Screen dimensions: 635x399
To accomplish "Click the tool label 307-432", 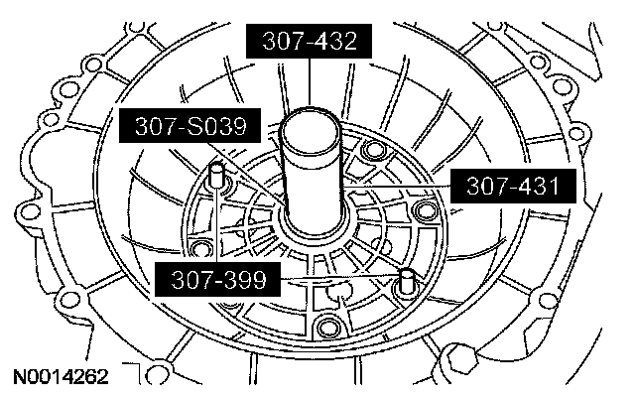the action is (x=309, y=41).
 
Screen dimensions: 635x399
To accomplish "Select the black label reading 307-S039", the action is (x=190, y=126).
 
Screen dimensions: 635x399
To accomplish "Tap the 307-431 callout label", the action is (x=513, y=186).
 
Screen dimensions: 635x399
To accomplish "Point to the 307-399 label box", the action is (x=218, y=279).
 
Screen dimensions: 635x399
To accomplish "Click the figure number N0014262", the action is (x=62, y=377).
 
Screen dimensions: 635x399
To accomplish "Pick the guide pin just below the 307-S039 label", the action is (x=216, y=175).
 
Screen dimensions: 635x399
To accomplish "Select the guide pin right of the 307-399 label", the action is (x=406, y=280).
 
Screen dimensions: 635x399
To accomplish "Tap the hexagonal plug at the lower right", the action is (x=460, y=359).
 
